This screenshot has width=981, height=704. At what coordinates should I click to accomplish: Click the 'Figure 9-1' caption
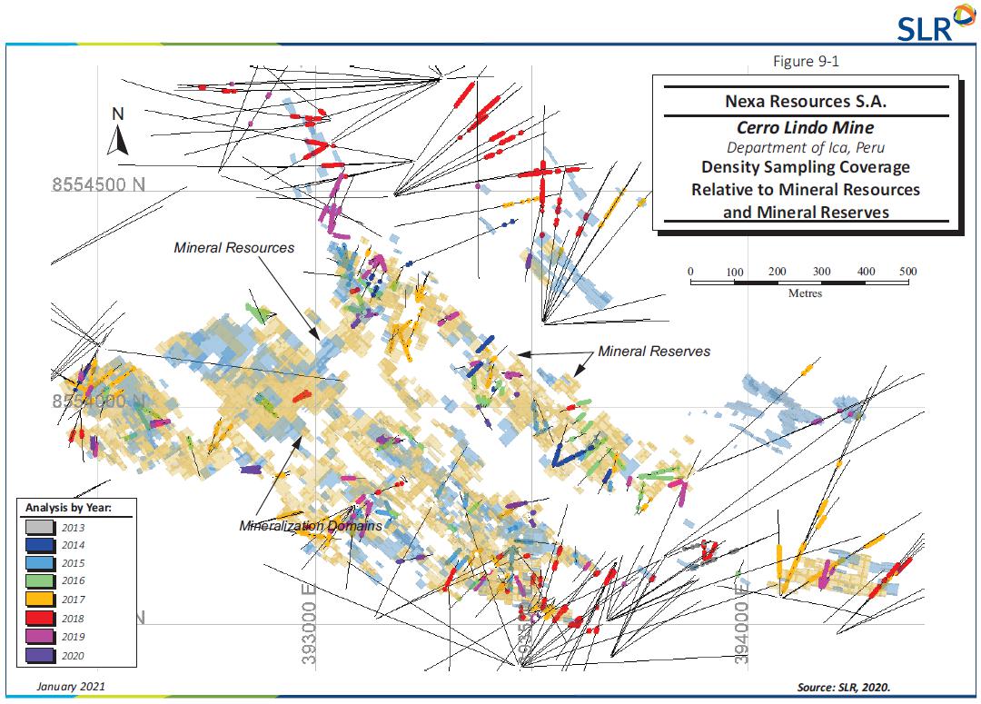tap(806, 61)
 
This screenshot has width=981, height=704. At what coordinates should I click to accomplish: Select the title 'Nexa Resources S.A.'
tap(806, 102)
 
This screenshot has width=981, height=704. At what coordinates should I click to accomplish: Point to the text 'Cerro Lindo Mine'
tap(805, 128)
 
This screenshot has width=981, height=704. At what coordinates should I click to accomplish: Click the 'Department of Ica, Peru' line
tap(805, 147)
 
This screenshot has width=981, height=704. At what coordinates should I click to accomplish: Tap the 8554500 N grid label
tap(98, 185)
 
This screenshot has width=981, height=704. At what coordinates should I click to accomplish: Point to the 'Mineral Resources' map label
tap(234, 247)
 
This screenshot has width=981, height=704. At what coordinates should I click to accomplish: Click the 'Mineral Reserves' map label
tap(654, 351)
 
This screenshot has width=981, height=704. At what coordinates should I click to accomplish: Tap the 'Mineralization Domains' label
tap(311, 526)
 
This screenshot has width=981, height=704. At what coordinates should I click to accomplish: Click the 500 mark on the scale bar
tap(907, 272)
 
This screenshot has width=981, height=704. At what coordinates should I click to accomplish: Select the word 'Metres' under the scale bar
tap(805, 293)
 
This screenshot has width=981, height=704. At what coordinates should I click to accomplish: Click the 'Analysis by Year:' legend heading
tap(68, 507)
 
